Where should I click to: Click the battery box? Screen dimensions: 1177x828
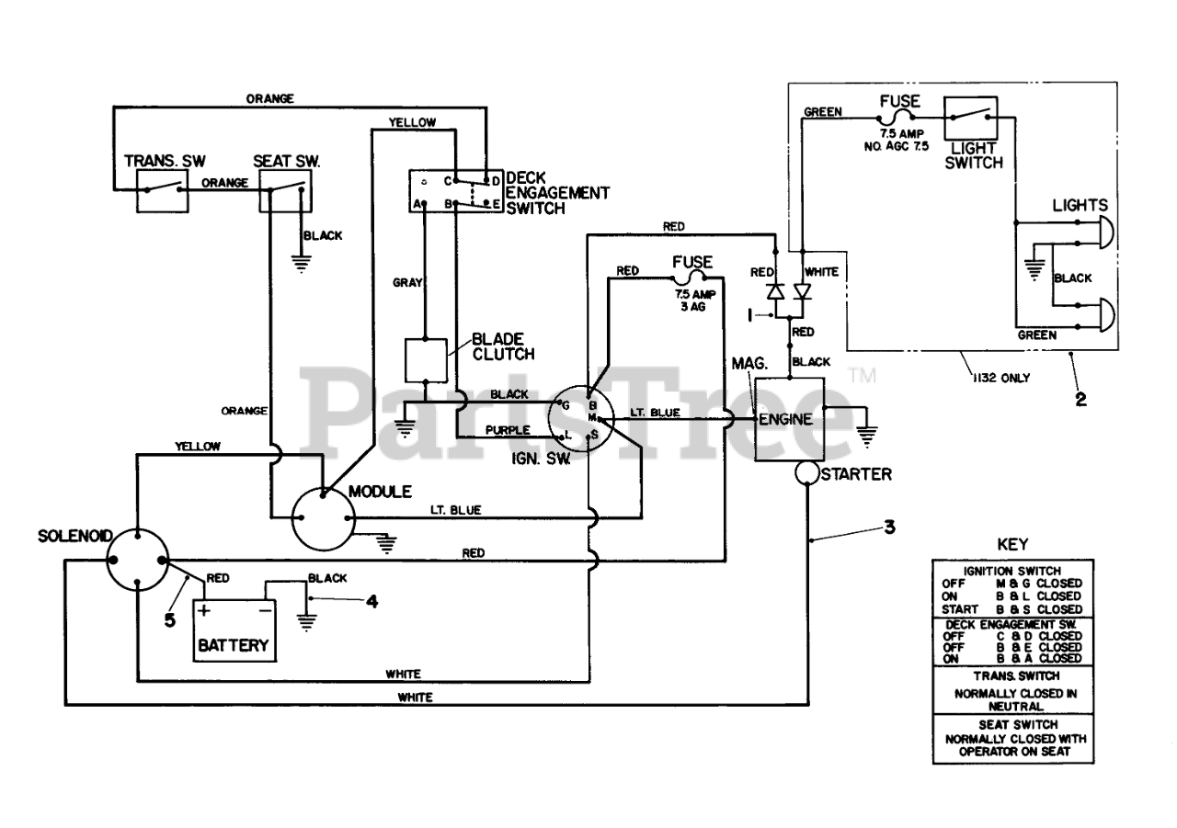pos(234,630)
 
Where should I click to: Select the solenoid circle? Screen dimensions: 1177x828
pos(137,561)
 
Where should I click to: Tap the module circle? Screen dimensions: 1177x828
pos(323,518)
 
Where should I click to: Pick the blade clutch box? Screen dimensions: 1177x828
pos(426,361)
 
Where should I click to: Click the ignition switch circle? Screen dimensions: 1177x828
pos(580,419)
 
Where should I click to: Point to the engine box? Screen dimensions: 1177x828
pos(789,419)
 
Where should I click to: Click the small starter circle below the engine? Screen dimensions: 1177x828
pos(806,473)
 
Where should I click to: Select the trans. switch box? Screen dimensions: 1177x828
pos(163,191)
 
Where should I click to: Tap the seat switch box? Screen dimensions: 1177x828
pos(285,191)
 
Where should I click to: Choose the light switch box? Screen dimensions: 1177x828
pos(970,119)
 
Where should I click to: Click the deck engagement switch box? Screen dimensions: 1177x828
pos(455,191)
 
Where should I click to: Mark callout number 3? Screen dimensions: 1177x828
pos(889,527)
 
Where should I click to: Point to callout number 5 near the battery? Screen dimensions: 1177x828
pos(169,620)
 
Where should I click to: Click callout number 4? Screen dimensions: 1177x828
pos(372,601)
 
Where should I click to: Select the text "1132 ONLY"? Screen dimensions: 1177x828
pos(1001,378)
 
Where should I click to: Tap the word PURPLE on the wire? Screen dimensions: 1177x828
pos(508,430)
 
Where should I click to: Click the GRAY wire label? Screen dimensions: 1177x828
pos(407,282)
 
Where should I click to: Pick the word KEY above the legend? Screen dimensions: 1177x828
pos(1012,544)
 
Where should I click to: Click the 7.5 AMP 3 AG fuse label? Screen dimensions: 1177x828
pos(694,301)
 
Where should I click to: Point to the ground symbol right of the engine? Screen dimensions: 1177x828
pos(866,436)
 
